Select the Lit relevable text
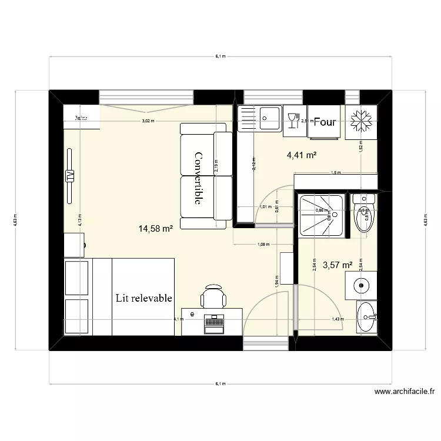click(144, 298)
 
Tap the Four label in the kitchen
click(325, 122)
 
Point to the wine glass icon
click(293, 121)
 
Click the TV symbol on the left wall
click(70, 176)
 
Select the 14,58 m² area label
click(155, 229)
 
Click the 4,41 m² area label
click(302, 155)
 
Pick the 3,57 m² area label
click(336, 265)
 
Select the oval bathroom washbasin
click(368, 318)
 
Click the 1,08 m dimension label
click(263, 244)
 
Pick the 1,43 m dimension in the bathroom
click(337, 319)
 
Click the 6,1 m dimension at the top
click(220, 56)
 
